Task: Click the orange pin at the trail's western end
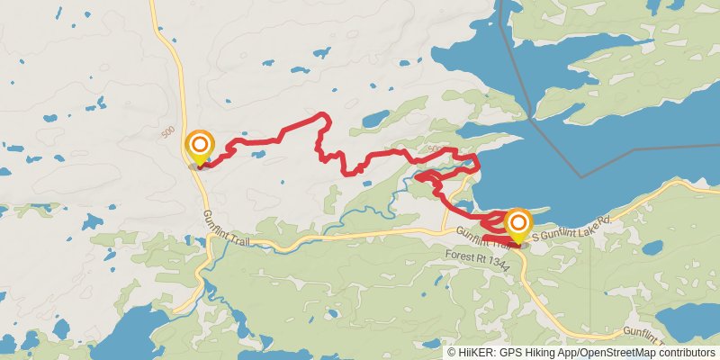pyautogui.click(x=199, y=146)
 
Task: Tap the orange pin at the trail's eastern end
pyautogui.click(x=518, y=222)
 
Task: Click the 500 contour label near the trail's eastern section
pyautogui.click(x=436, y=148)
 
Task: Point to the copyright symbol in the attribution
pyautogui.click(x=453, y=353)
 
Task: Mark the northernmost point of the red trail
pyautogui.click(x=321, y=114)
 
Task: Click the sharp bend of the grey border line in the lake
pyautogui.click(x=581, y=177)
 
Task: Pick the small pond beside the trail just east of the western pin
pyautogui.click(x=258, y=154)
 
